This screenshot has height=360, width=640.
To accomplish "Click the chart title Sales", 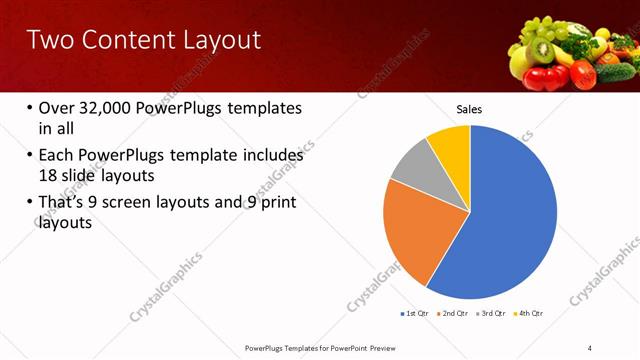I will (470, 108).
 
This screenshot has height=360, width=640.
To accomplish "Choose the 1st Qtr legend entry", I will (415, 313).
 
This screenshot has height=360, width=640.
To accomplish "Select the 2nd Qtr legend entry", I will (455, 313).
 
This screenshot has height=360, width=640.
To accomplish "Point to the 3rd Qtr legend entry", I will (492, 313).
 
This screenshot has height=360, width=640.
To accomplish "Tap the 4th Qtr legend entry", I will (529, 313).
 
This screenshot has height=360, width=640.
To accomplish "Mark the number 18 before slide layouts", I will (49, 174).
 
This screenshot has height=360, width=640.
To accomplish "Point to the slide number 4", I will (590, 348).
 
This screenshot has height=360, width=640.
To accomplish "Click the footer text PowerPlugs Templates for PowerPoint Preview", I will (329, 348).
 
